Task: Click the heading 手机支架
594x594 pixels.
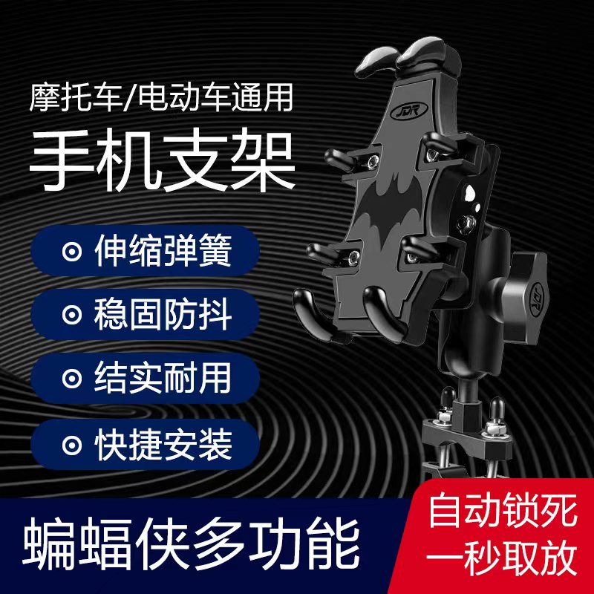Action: click(161, 163)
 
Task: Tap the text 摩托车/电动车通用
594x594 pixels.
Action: click(163, 97)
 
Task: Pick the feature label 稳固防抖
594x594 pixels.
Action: click(163, 315)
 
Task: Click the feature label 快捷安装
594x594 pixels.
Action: click(163, 443)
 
